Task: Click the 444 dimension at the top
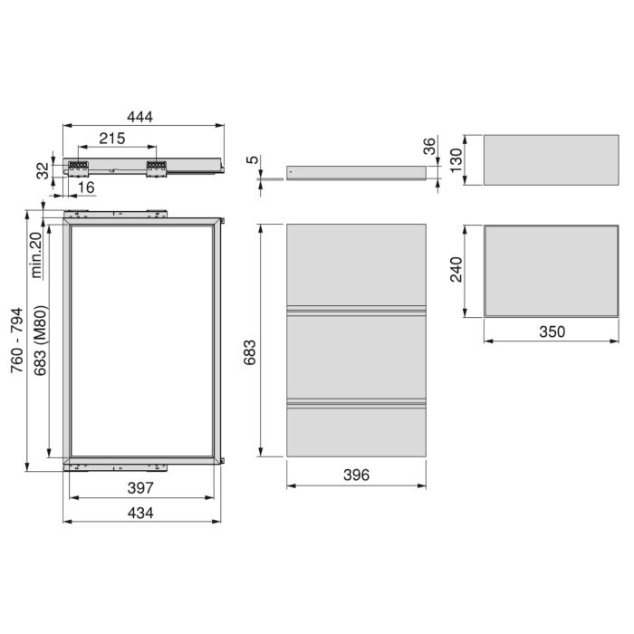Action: tap(140, 117)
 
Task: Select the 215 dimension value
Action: tap(111, 139)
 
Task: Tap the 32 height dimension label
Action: tap(41, 169)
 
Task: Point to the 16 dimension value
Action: tap(86, 187)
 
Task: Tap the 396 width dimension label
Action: tap(356, 475)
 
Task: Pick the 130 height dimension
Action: tap(456, 160)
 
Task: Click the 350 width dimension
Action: tap(551, 331)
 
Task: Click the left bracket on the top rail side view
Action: tap(78, 168)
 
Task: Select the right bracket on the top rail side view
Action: tap(157, 168)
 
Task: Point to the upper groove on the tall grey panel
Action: tap(356, 312)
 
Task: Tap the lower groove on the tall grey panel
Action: tap(356, 403)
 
